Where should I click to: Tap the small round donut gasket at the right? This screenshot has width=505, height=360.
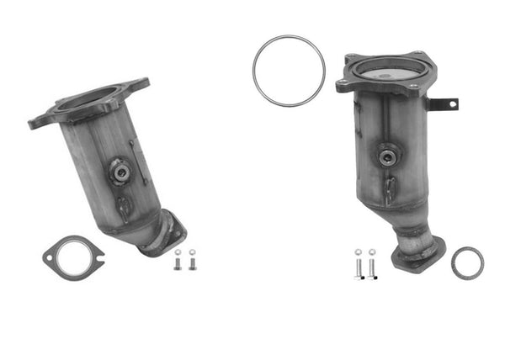(x=467, y=262)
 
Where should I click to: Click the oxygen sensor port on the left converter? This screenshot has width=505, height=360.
(x=120, y=172)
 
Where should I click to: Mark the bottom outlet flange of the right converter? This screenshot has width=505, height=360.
(x=417, y=252)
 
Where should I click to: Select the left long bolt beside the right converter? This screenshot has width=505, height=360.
(x=357, y=265)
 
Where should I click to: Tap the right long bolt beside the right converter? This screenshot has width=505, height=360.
(x=371, y=265)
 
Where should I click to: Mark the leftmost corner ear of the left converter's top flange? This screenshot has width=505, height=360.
(x=34, y=123)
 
